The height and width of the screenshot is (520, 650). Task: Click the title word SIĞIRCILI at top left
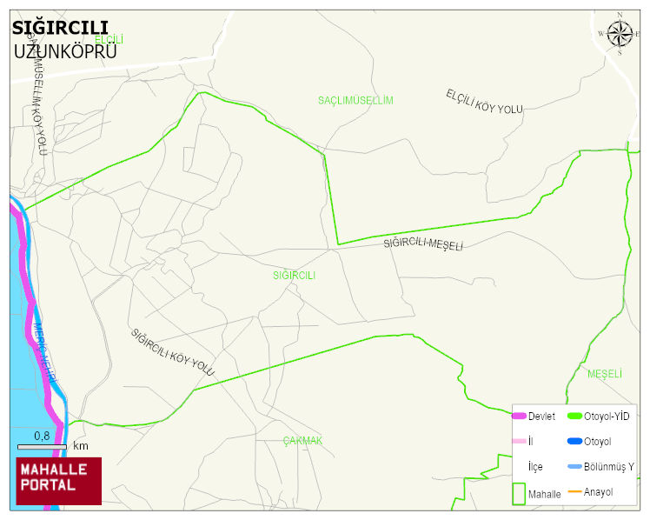click(x=60, y=28)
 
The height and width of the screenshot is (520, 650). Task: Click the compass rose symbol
click(x=620, y=34)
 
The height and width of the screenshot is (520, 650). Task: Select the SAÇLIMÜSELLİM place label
click(x=355, y=101)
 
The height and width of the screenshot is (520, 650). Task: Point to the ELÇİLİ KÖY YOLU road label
click(x=484, y=101)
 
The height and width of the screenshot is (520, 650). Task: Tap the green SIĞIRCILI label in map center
click(x=294, y=276)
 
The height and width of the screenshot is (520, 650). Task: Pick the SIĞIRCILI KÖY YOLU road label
click(x=172, y=352)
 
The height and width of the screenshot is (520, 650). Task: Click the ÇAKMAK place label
click(x=302, y=441)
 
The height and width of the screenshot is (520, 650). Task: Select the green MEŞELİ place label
click(x=605, y=374)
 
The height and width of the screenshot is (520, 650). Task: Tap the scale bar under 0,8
click(x=42, y=447)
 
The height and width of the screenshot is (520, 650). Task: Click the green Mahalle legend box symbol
click(x=519, y=493)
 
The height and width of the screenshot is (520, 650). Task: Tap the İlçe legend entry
click(x=535, y=467)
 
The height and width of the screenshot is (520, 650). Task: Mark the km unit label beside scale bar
click(x=81, y=446)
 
